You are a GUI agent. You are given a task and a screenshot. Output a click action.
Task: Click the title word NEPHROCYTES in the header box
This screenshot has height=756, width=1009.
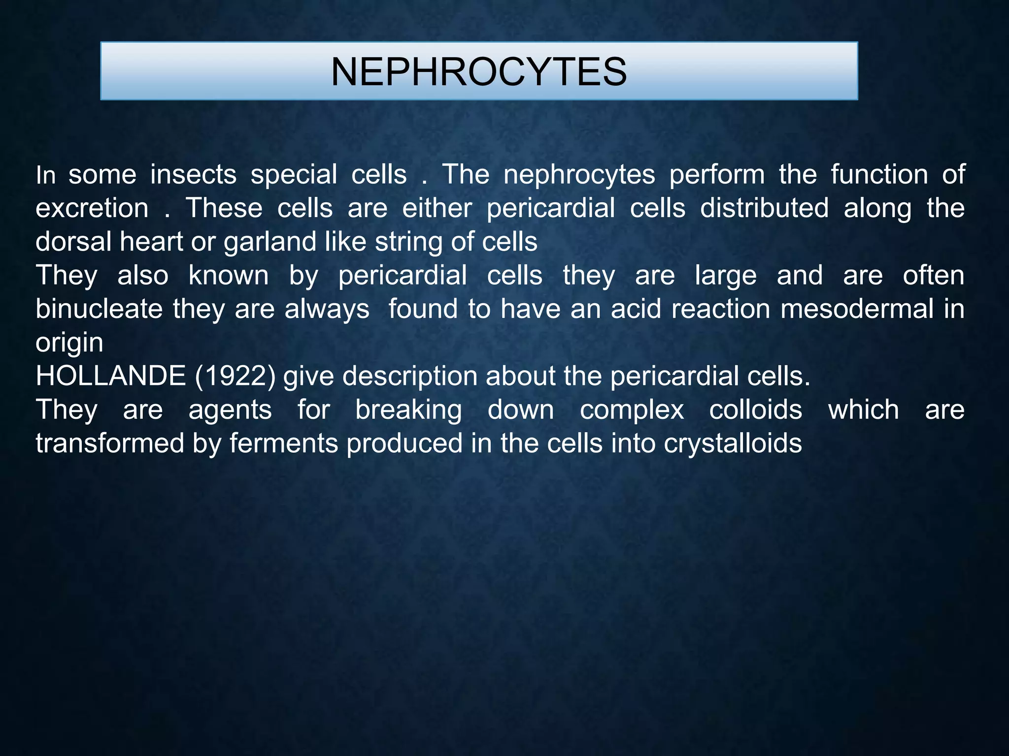[x=478, y=72]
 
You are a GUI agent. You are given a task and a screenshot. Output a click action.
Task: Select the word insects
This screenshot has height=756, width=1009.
[x=193, y=175]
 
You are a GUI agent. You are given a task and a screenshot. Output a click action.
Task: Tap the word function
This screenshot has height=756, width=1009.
[x=879, y=175]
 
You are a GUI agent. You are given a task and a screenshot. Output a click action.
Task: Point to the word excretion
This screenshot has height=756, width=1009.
[x=92, y=208]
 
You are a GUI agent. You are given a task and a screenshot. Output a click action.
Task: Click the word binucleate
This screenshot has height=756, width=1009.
[x=99, y=309]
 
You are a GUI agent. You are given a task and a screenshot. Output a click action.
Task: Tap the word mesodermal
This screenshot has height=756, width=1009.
[x=857, y=309]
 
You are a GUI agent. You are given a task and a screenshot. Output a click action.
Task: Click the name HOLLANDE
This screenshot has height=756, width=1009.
[x=110, y=376]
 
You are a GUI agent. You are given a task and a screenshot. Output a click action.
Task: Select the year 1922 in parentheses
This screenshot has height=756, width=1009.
[x=235, y=376]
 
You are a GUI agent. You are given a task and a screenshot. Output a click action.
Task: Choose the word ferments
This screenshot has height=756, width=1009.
[x=284, y=443]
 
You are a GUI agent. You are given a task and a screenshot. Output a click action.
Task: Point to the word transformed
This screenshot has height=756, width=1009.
[x=109, y=443]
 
